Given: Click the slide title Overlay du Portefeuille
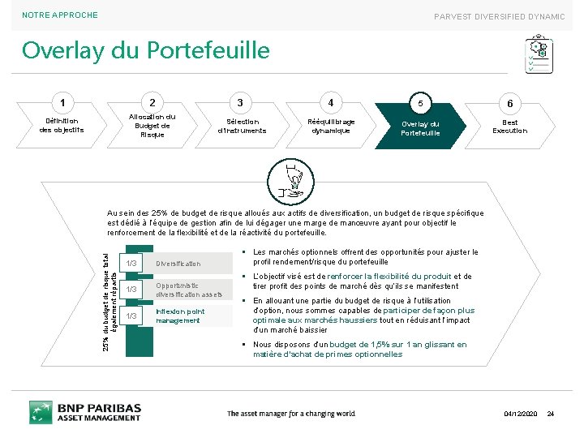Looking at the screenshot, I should [145, 51].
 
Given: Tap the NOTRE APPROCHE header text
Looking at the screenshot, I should [60, 15].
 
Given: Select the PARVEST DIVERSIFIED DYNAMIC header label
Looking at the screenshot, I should [499, 16].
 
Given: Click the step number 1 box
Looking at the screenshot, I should [62, 103].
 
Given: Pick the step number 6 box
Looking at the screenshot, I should [509, 104].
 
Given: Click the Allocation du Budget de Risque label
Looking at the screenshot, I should [152, 126].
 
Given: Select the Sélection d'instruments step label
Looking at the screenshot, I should [242, 126].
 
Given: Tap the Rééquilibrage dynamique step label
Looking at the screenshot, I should [331, 126].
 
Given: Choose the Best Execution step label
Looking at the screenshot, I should [509, 126].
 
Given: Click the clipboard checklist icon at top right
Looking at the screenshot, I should [539, 54].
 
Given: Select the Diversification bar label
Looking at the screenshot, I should [178, 264].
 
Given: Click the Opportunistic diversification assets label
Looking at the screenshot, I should [188, 290].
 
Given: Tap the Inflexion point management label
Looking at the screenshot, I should [180, 316].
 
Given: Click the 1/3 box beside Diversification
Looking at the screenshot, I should [130, 264].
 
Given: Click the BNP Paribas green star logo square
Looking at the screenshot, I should [41, 412].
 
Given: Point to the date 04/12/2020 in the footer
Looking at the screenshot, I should [520, 414].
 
